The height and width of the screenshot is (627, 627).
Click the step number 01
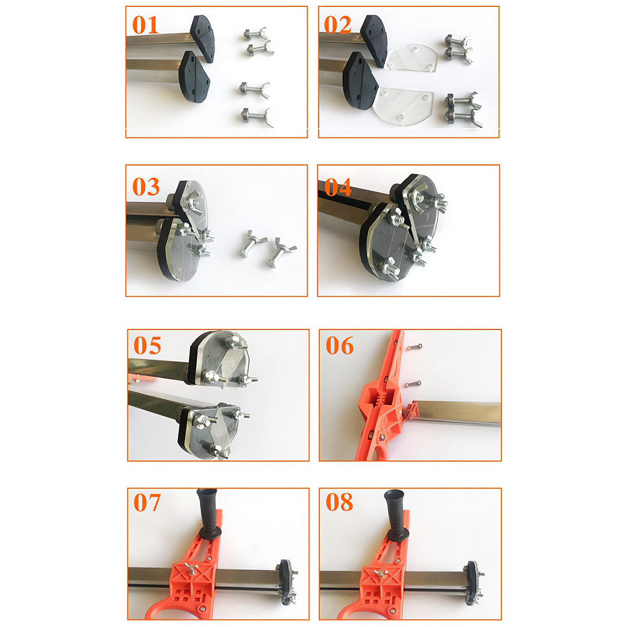pyautogui.click(x=145, y=25)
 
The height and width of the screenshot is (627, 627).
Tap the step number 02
pyautogui.click(x=337, y=25)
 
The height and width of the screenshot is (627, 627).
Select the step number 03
pyautogui.click(x=146, y=187)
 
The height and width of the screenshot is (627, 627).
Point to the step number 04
pyautogui.click(x=338, y=187)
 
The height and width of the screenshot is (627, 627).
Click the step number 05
pyautogui.click(x=147, y=345)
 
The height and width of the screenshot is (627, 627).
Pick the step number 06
pyautogui.click(x=339, y=345)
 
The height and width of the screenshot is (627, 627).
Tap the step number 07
pyautogui.click(x=147, y=502)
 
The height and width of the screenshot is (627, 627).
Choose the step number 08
pyautogui.click(x=339, y=502)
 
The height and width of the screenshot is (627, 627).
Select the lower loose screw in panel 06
pyautogui.click(x=413, y=384)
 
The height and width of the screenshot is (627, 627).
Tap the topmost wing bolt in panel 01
pyautogui.click(x=256, y=34)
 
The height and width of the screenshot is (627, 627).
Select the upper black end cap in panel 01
pyautogui.click(x=203, y=38)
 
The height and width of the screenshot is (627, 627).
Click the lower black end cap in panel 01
pyautogui.click(x=194, y=76)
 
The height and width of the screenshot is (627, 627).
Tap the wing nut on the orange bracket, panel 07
pyautogui.click(x=191, y=569)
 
